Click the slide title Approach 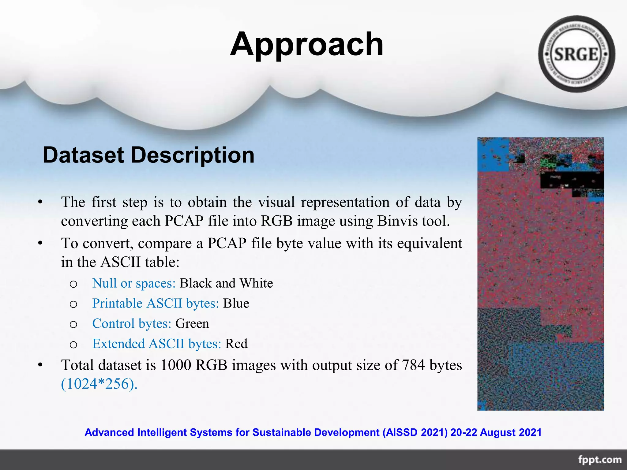tap(306, 44)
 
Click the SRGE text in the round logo tap(576, 54)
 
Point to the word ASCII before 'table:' tap(121, 262)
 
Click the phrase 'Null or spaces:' tap(134, 283)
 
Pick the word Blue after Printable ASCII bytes tap(236, 304)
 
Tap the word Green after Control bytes tap(192, 324)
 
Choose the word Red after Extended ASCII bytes tap(236, 344)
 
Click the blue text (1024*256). tap(99, 384)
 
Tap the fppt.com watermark tap(599, 460)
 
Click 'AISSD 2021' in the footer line tap(415, 432)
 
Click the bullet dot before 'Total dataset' tap(40, 365)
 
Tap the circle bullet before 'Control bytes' tap(73, 324)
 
